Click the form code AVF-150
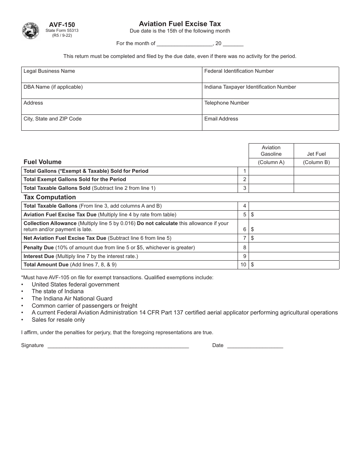click(60, 25)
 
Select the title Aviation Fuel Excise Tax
click(180, 23)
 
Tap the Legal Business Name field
click(111, 75)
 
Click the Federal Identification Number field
click(270, 75)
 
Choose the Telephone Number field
click(270, 107)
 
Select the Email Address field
click(270, 123)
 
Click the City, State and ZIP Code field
click(111, 123)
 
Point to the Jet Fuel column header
click(316, 154)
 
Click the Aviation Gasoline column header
click(271, 151)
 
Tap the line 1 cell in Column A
click(271, 171)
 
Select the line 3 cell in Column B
click(316, 188)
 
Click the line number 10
click(243, 265)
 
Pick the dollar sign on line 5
click(252, 215)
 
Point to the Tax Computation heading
click(50, 197)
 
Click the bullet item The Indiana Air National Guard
click(72, 299)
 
